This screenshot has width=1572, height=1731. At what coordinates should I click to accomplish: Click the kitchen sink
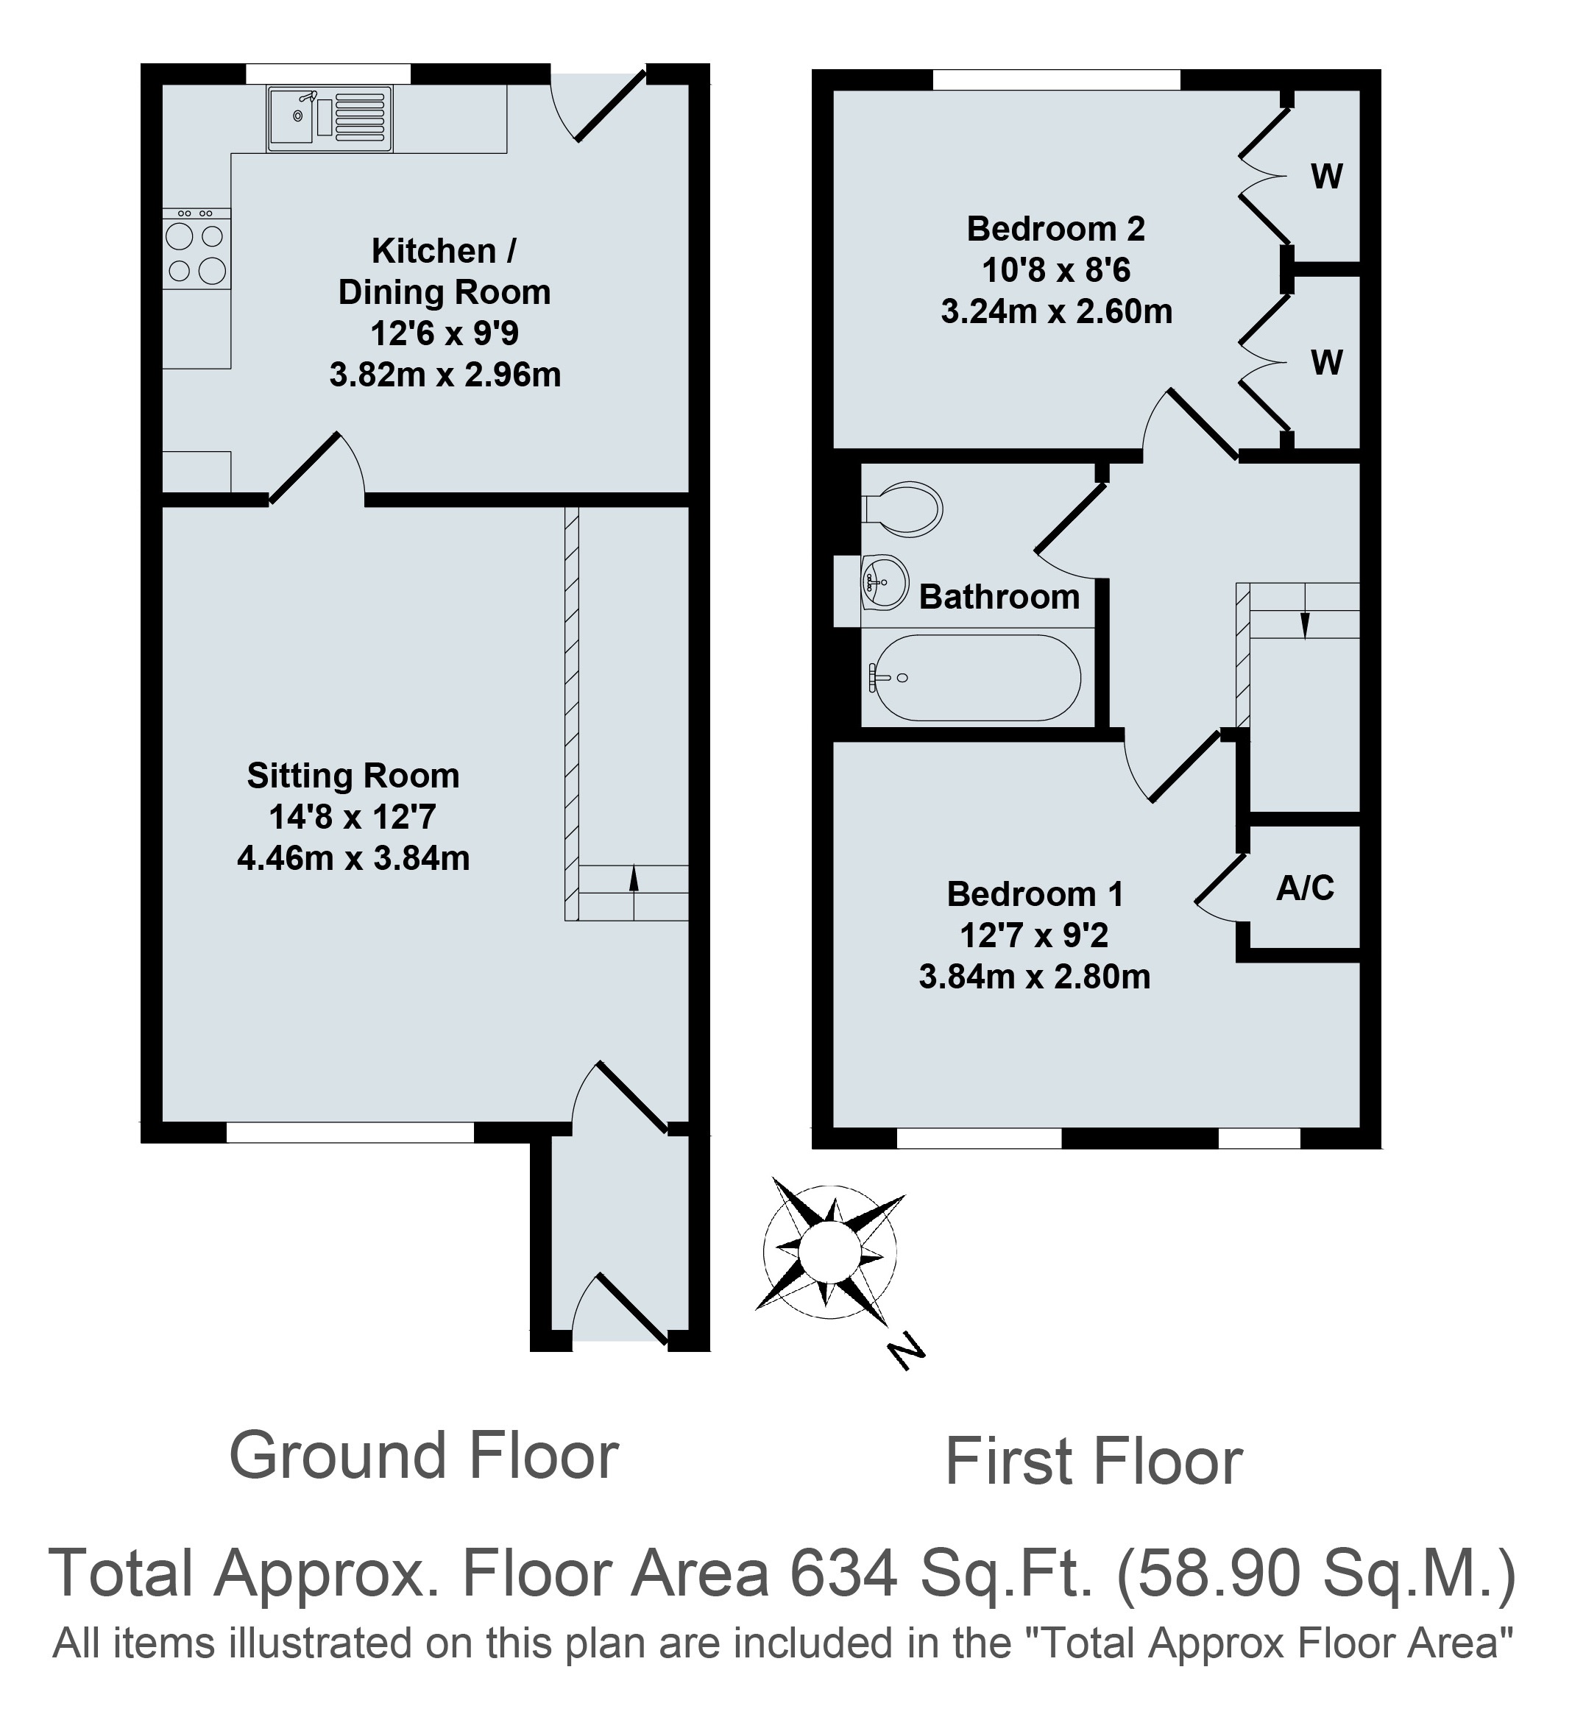click(330, 118)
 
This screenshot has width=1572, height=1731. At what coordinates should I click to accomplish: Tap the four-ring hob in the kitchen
click(196, 248)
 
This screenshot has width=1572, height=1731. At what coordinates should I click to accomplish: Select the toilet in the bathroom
click(902, 509)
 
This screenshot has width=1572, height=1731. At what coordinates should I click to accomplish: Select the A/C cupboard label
click(1305, 888)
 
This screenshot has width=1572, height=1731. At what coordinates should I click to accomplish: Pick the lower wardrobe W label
click(1326, 364)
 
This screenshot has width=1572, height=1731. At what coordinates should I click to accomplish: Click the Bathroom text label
click(999, 597)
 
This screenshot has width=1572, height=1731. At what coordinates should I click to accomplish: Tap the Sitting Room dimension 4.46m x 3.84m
click(354, 858)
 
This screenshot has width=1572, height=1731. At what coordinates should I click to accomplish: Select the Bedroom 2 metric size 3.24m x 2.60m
click(1057, 311)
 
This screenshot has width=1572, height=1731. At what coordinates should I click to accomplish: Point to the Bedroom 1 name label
click(1035, 893)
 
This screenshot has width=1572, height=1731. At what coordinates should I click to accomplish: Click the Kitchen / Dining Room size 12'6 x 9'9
click(445, 333)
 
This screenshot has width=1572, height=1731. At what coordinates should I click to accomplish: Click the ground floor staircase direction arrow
click(634, 879)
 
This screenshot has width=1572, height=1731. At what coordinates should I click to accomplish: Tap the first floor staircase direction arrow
click(1305, 612)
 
